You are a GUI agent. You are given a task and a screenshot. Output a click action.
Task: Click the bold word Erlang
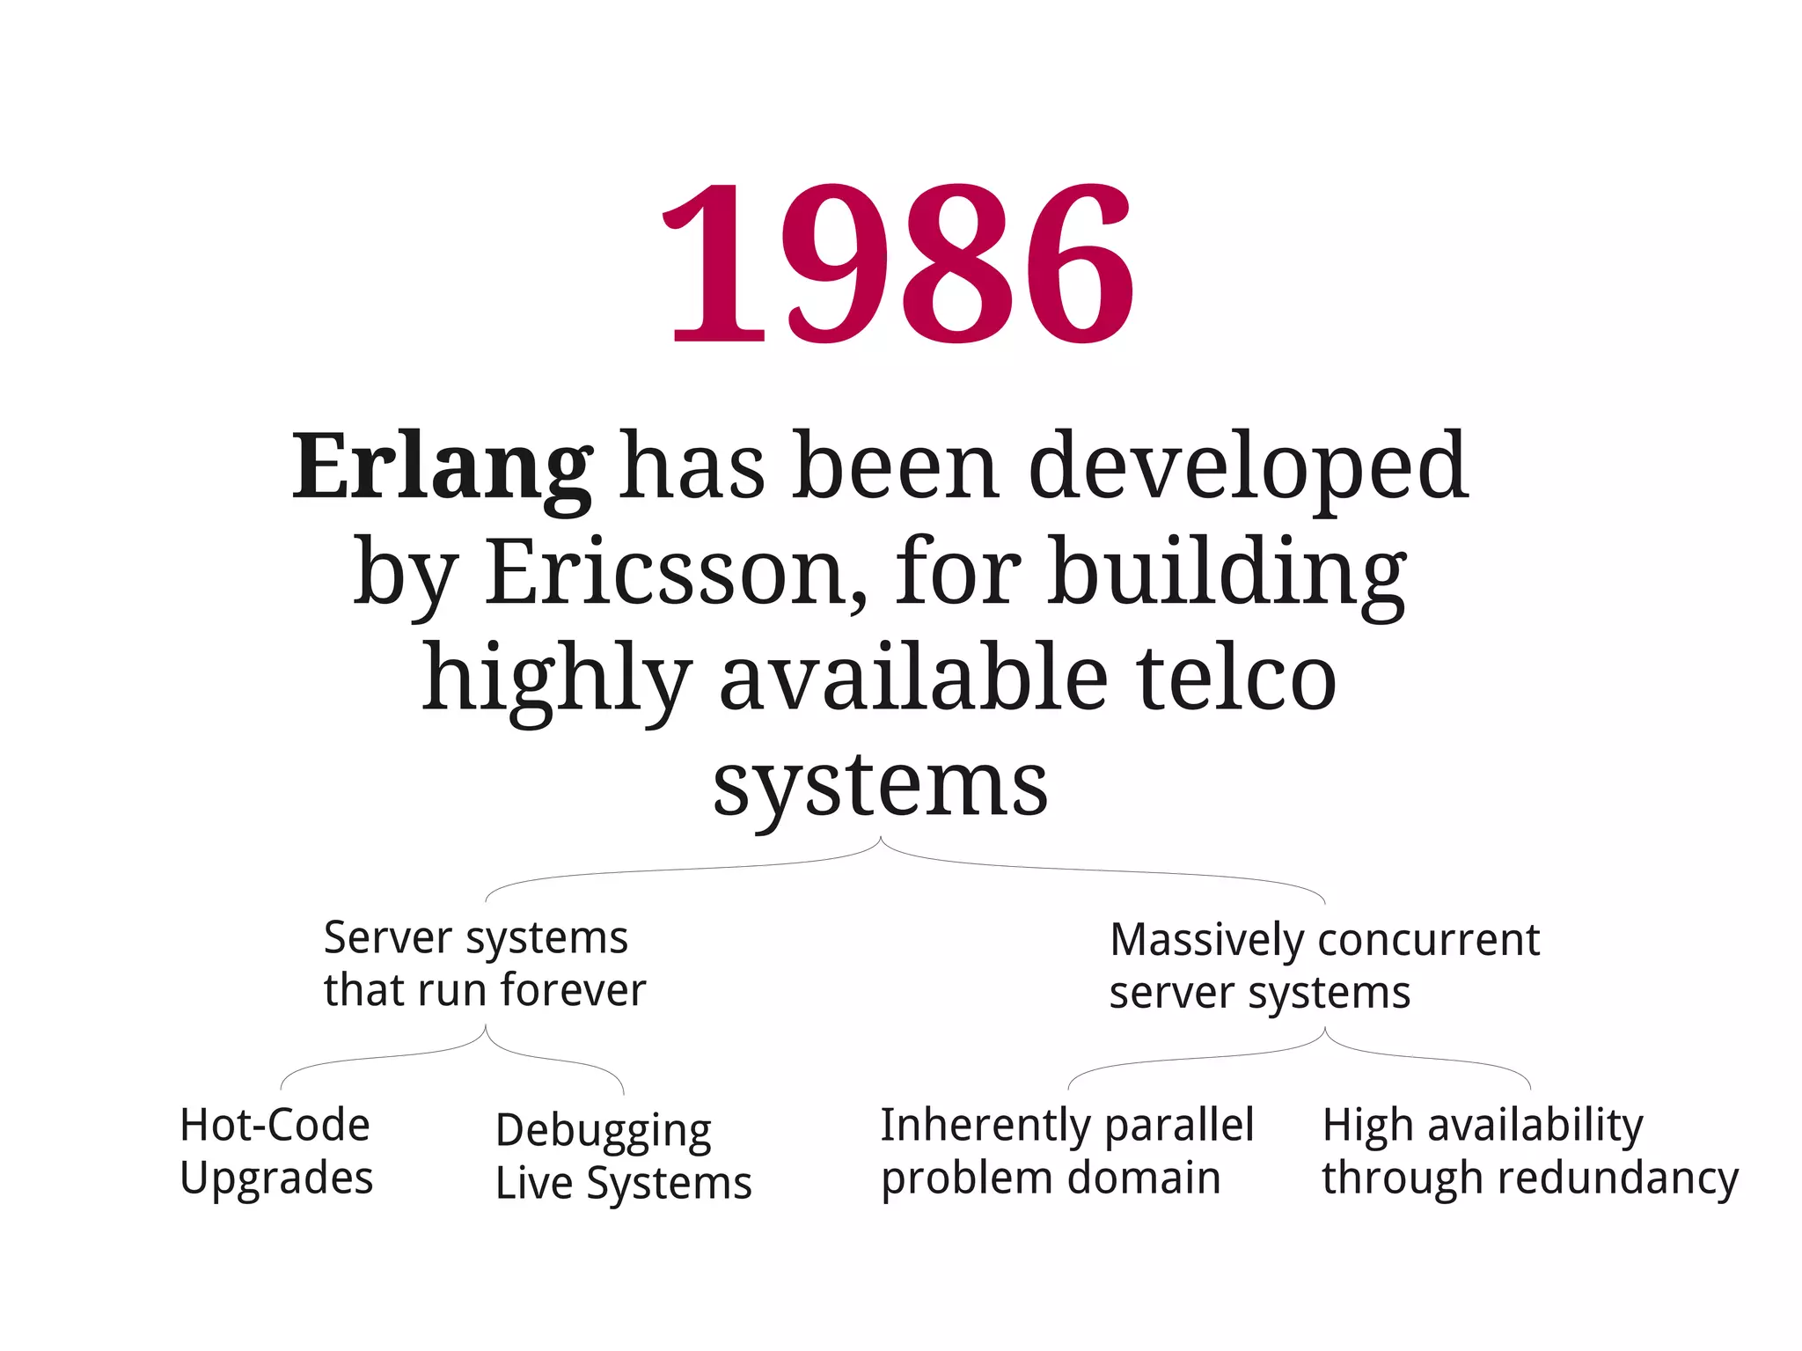pyautogui.click(x=442, y=466)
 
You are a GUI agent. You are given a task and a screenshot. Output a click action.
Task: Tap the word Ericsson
pyautogui.click(x=676, y=572)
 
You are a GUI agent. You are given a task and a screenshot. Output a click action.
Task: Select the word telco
pyautogui.click(x=1236, y=678)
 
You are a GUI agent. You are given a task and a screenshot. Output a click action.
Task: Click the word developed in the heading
pyautogui.click(x=1248, y=466)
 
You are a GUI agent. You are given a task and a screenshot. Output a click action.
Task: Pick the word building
pyautogui.click(x=1227, y=572)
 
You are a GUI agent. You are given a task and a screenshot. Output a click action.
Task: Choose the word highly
pyautogui.click(x=556, y=678)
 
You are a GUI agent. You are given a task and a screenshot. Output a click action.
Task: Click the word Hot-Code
pyautogui.click(x=275, y=1125)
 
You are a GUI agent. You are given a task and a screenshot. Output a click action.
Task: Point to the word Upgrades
pyautogui.click(x=276, y=1178)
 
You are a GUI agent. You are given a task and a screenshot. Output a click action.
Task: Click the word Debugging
pyautogui.click(x=604, y=1131)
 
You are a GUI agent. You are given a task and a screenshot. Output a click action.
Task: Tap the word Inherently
pyautogui.click(x=977, y=1125)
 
